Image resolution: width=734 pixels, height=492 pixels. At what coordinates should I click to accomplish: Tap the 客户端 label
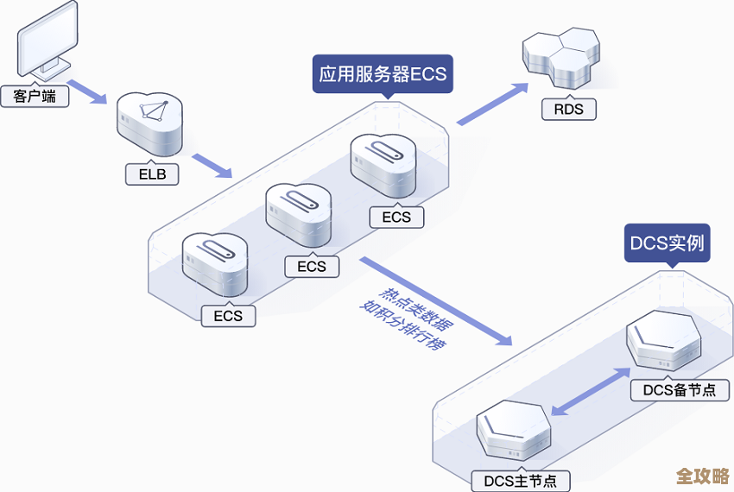(35, 96)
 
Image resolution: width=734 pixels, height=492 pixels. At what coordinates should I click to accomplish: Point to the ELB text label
(152, 174)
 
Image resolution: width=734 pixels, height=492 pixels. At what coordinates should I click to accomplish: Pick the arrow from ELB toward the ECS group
(212, 166)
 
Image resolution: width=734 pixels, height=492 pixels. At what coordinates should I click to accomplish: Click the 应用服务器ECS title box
(383, 74)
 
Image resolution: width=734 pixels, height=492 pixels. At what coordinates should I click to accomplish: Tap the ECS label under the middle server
(312, 266)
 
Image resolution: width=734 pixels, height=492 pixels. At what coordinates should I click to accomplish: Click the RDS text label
(568, 109)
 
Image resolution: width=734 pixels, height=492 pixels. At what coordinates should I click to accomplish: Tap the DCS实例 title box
(668, 243)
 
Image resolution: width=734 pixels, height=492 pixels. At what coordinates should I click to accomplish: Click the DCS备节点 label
(680, 389)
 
